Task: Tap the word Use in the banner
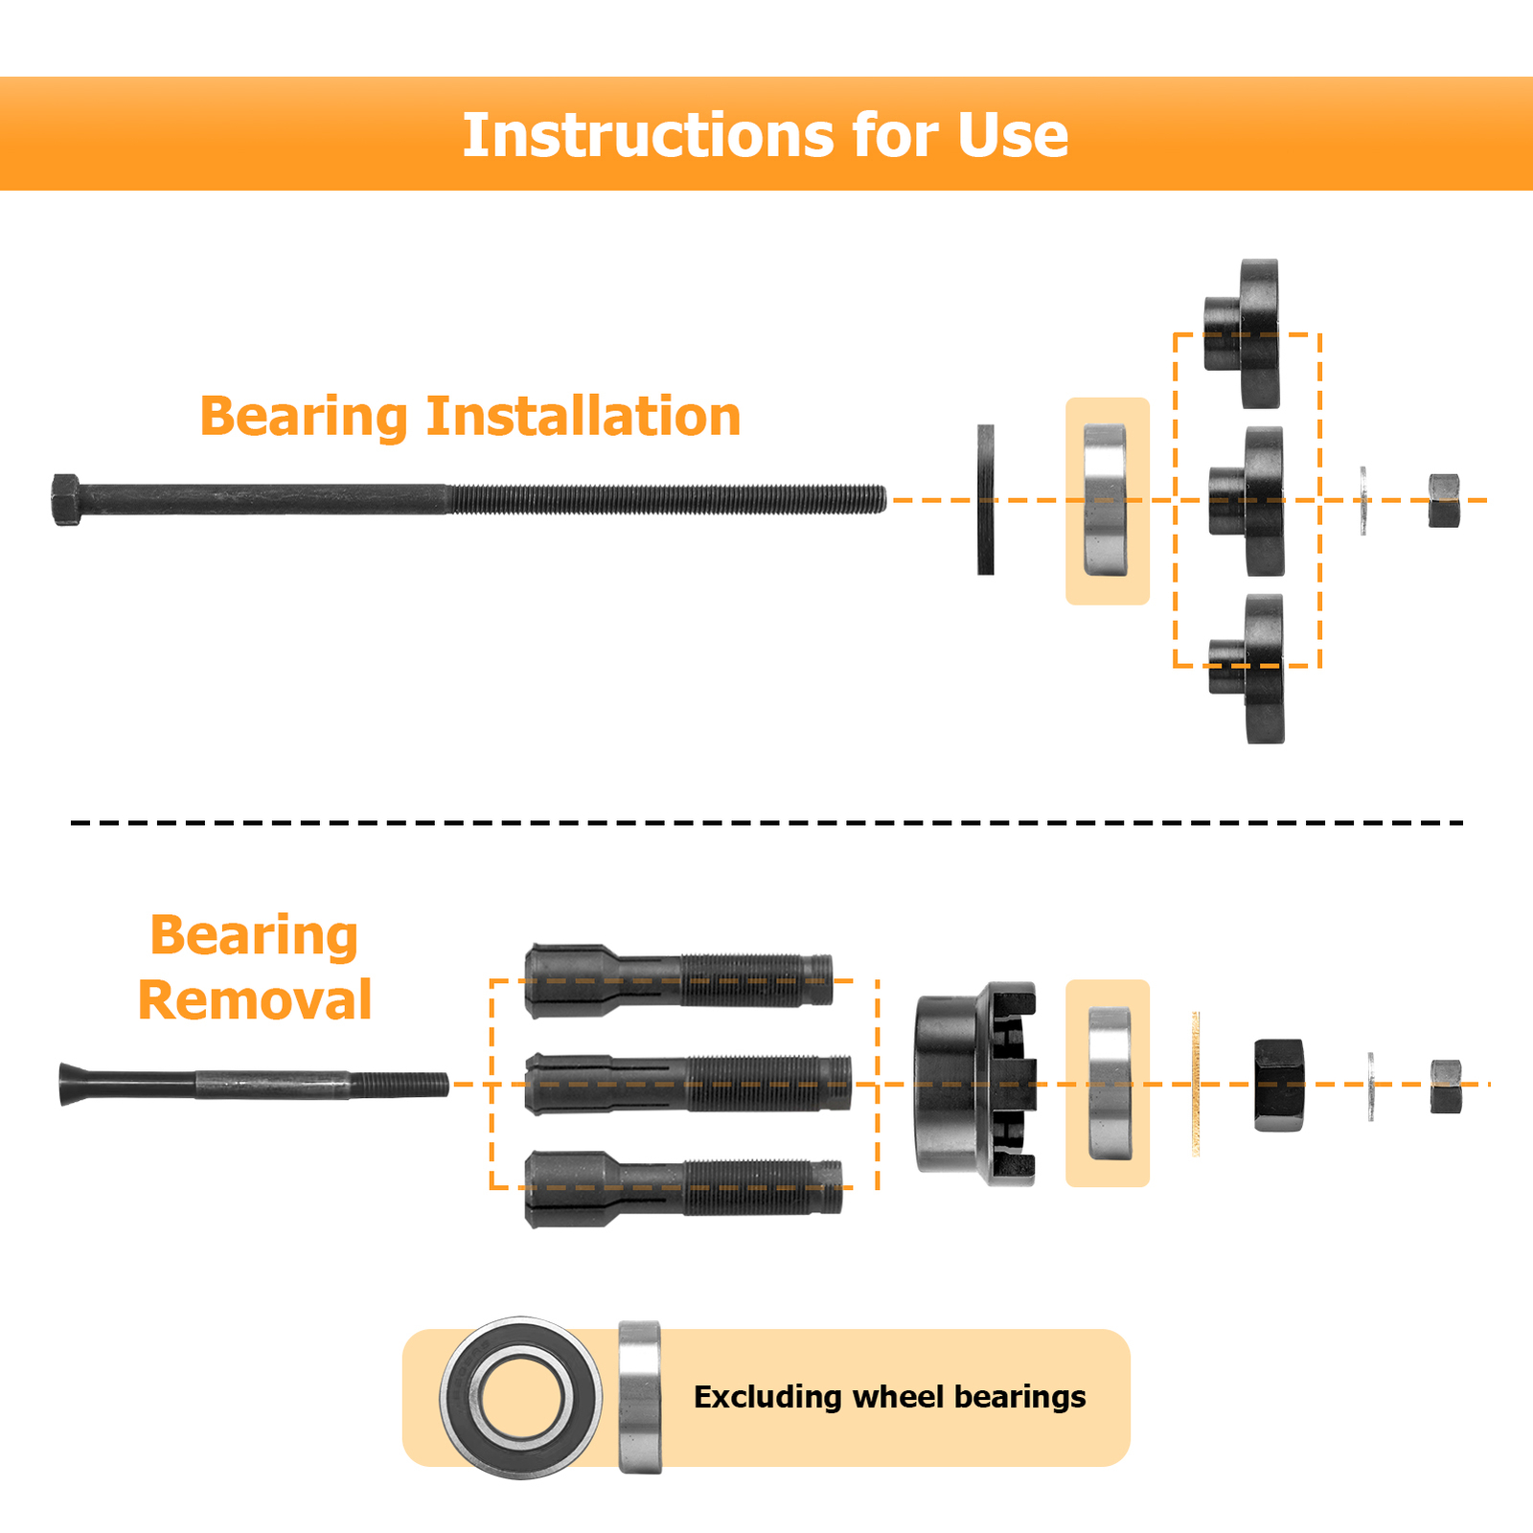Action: (x=1013, y=135)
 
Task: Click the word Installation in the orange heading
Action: (x=583, y=417)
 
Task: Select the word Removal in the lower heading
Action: (x=255, y=1000)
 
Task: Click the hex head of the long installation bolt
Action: (x=66, y=499)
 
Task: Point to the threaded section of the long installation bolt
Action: (x=667, y=499)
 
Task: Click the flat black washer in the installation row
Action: (x=986, y=499)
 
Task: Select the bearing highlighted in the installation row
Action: (x=1106, y=500)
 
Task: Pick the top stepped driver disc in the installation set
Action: (x=1243, y=333)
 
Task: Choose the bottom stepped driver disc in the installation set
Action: (x=1247, y=669)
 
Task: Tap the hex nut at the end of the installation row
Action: (x=1444, y=500)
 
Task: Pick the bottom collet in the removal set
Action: (x=683, y=1188)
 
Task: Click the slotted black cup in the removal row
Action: (x=975, y=1084)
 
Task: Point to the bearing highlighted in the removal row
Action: (x=1110, y=1084)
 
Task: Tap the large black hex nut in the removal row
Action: (x=1279, y=1084)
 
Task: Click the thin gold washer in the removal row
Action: (x=1196, y=1084)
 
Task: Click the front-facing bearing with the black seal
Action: (x=521, y=1398)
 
